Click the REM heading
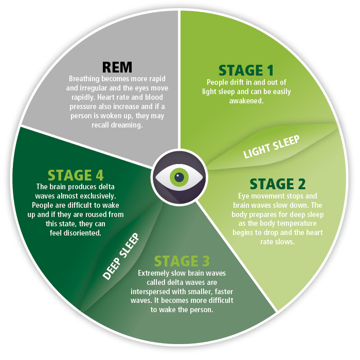point(117,67)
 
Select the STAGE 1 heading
point(246,70)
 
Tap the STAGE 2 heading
point(278,184)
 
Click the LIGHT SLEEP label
point(272,148)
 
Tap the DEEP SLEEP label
point(121,257)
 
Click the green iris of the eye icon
point(178,177)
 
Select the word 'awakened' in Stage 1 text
point(246,101)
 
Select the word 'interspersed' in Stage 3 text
point(164,292)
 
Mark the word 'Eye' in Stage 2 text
point(244,196)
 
